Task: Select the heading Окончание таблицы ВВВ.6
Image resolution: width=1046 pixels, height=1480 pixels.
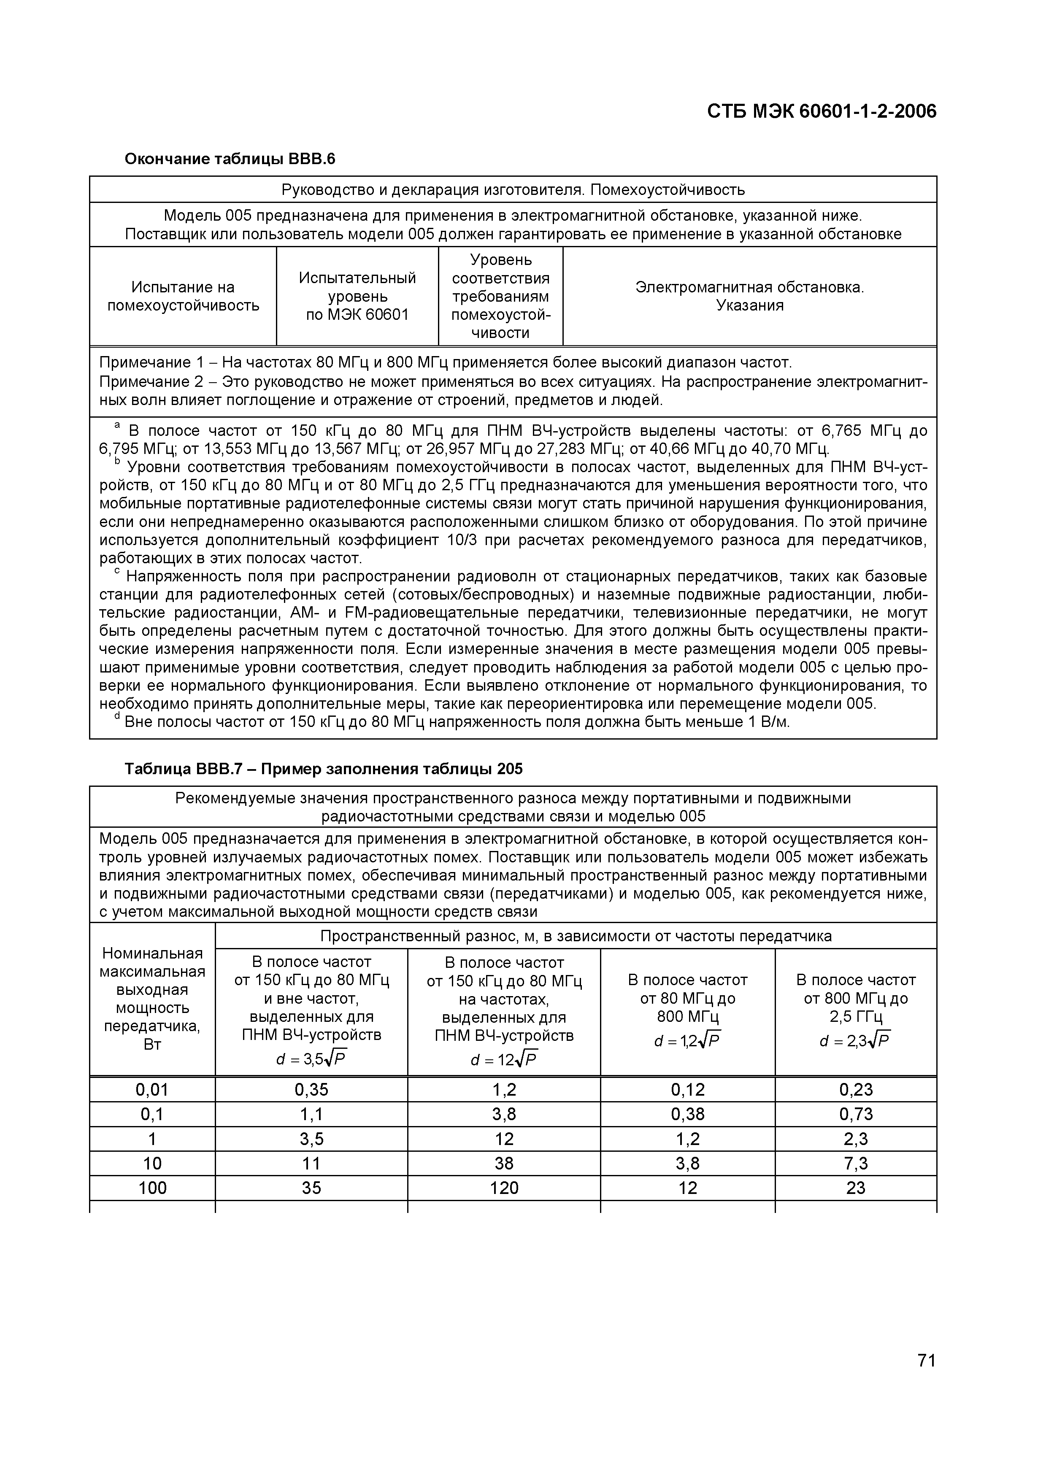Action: coord(230,159)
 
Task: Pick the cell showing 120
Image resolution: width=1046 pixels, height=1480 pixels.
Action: coord(504,1188)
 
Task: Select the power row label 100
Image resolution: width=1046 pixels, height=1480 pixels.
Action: coord(152,1188)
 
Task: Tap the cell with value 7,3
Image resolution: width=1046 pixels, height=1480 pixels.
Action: coord(855,1164)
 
